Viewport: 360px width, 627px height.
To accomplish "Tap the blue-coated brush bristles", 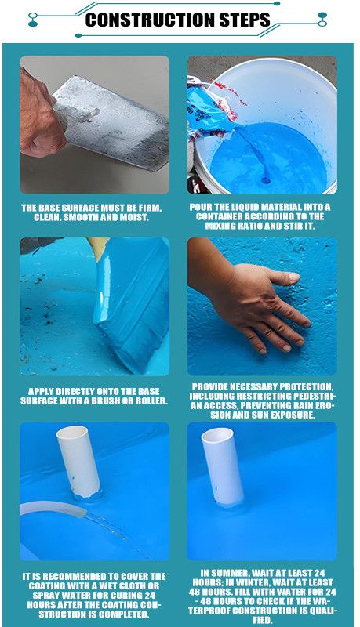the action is point(130,304).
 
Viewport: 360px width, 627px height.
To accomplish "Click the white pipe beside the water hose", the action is point(78,462).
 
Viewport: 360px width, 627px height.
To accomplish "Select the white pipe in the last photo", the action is point(223,467).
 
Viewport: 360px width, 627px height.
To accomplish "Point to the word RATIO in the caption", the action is point(253,226).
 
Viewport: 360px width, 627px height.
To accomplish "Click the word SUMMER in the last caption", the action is point(231,573).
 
